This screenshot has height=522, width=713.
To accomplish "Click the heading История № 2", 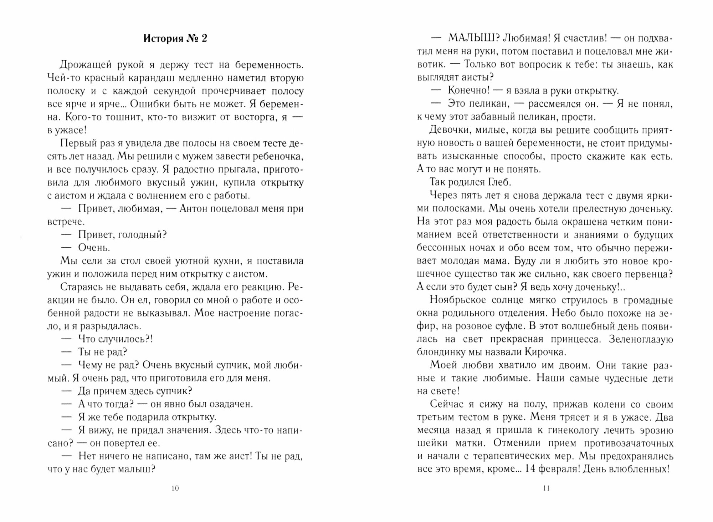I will click(x=175, y=39).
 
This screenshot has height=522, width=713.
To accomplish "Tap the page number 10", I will click(x=175, y=488).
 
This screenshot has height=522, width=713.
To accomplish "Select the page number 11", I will click(x=546, y=488).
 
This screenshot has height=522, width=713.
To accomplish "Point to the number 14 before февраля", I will click(x=530, y=469).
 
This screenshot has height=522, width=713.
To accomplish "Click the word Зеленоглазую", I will click(x=641, y=339).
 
